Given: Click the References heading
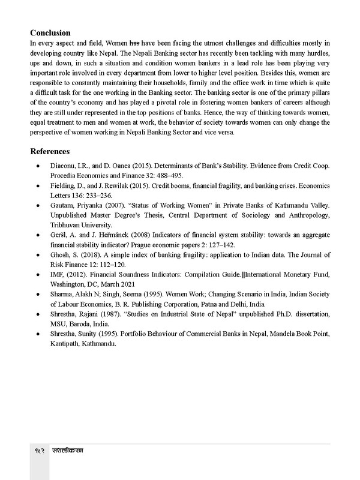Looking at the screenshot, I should pos(50,152).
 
